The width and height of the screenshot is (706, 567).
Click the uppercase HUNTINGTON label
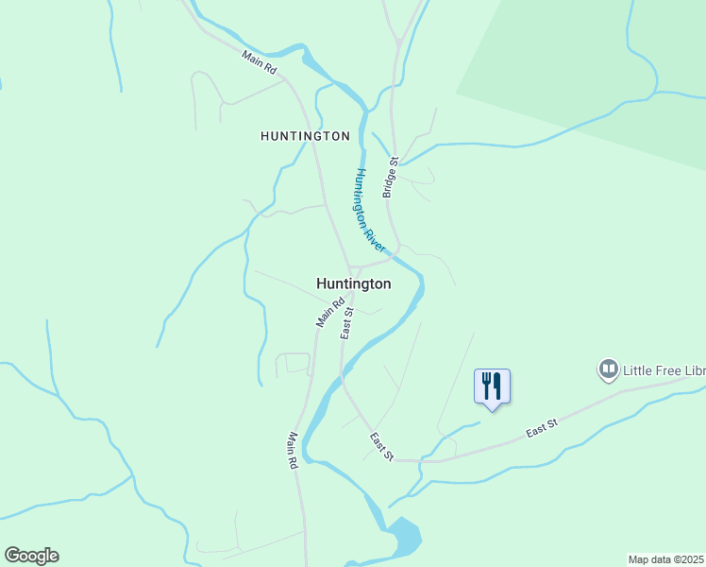tap(305, 136)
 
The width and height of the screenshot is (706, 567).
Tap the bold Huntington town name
tap(353, 283)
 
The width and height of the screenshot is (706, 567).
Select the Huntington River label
tap(370, 210)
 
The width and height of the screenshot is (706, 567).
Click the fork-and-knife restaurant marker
tap(492, 387)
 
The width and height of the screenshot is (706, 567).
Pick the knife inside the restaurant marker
tap(497, 385)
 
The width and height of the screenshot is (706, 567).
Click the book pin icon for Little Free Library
tap(608, 369)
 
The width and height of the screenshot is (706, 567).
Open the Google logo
tap(31, 556)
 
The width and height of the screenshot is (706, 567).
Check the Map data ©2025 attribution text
tap(666, 559)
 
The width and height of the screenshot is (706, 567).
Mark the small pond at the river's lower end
tap(405, 536)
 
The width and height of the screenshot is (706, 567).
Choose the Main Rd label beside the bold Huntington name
tap(330, 313)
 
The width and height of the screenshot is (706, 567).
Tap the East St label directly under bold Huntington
tap(347, 323)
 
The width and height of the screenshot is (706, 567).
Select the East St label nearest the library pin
tap(542, 427)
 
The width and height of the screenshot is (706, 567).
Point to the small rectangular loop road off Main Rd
tap(293, 364)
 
